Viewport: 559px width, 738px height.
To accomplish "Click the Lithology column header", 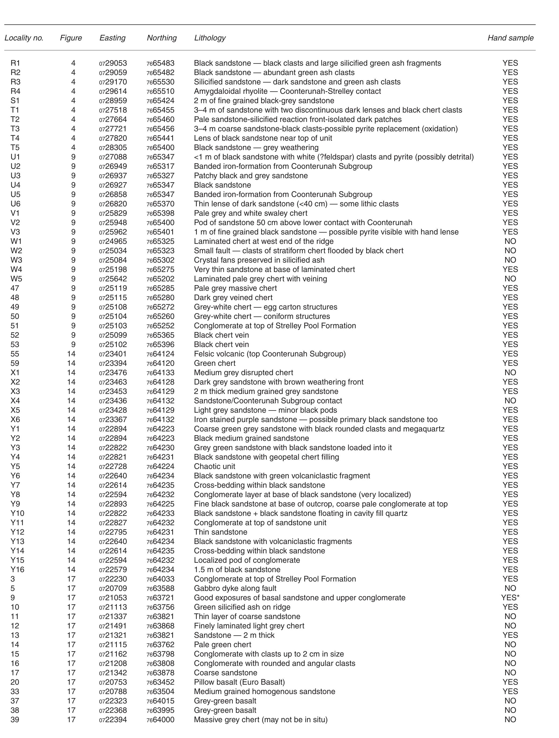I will [210, 38].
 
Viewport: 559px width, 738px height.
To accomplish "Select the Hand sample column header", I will [510, 38].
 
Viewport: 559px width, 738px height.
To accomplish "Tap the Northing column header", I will [162, 38].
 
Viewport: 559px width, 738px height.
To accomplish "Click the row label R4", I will [15, 91].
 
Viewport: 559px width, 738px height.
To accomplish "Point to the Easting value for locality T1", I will [113, 110].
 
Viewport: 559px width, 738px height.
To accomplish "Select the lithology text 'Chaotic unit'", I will [215, 467].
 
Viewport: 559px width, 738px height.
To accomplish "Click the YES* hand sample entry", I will [510, 598].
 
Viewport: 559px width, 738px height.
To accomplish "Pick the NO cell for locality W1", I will [510, 241].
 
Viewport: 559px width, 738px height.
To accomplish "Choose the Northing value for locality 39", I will [160, 720].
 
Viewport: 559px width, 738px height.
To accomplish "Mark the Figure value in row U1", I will [73, 157].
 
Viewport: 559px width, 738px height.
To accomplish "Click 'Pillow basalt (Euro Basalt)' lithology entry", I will [239, 682].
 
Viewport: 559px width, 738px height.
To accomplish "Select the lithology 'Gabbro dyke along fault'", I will [235, 588].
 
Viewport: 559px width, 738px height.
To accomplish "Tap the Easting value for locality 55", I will [113, 354].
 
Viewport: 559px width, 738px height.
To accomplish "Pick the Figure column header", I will [71, 38].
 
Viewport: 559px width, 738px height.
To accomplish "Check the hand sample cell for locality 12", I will [510, 626].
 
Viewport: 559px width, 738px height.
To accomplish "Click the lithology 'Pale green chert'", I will [223, 644].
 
